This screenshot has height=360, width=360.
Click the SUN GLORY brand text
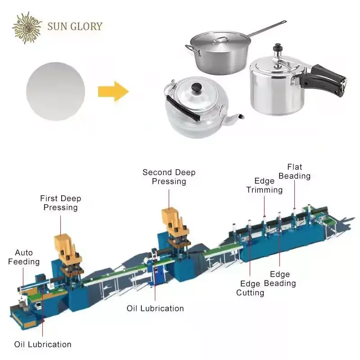[x=75, y=26]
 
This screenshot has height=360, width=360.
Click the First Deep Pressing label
[x=60, y=203]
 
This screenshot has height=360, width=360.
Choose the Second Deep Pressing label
[x=169, y=177]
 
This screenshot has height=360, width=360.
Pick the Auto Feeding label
[x=24, y=257]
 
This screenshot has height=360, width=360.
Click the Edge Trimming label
[x=264, y=185]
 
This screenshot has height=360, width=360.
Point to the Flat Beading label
[x=295, y=171]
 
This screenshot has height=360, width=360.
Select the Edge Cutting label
[x=251, y=288]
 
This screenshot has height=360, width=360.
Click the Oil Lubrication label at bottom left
[x=43, y=344]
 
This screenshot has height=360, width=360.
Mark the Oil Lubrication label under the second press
[x=155, y=308]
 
